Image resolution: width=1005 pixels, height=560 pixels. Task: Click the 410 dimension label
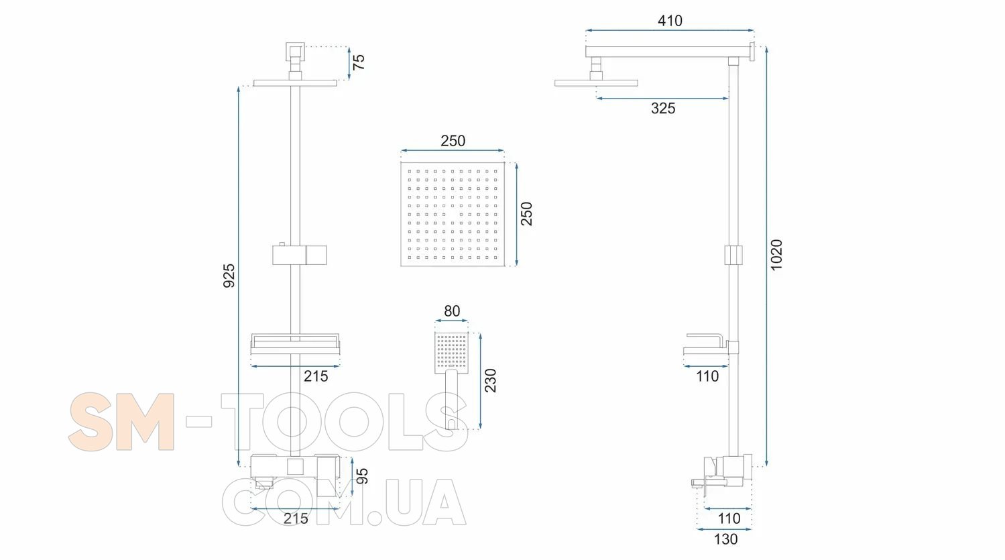pyautogui.click(x=670, y=21)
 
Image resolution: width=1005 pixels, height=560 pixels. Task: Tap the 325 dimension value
pyautogui.click(x=663, y=108)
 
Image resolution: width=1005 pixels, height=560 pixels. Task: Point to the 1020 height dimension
pyautogui.click(x=776, y=255)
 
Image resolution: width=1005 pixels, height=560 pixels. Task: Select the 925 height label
pyautogui.click(x=229, y=276)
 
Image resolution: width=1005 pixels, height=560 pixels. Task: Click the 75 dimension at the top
pyautogui.click(x=359, y=62)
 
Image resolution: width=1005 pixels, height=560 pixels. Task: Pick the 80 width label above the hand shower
pyautogui.click(x=452, y=311)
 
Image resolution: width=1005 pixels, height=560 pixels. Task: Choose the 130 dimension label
pyautogui.click(x=725, y=539)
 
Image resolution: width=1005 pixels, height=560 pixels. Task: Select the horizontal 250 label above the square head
pyautogui.click(x=453, y=141)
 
